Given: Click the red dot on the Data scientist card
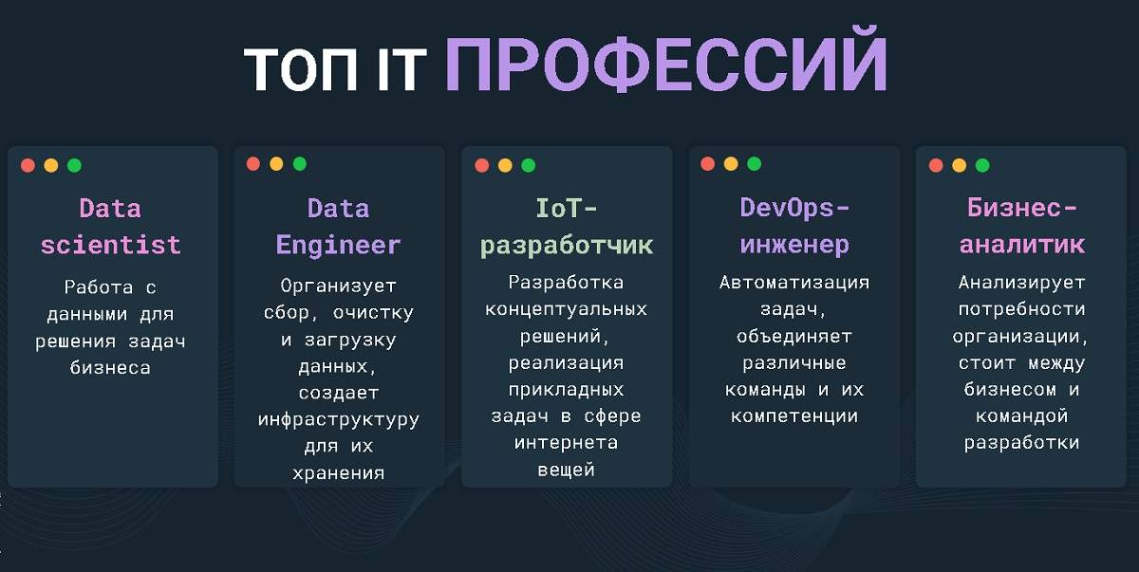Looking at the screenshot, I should coord(28,165).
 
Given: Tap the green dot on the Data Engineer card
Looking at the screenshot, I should coord(300,164).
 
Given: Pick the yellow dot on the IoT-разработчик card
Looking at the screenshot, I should coord(505,165).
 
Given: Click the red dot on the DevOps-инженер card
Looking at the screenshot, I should coord(708,164).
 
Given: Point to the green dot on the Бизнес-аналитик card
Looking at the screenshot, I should coord(982,165).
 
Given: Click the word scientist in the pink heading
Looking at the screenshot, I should coord(110,245).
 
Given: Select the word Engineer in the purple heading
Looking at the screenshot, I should coord(339,245).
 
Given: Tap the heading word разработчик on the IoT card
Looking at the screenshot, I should coord(567,245).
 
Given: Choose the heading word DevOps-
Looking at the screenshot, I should coord(794,208).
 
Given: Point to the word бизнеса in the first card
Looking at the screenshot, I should coord(110,368).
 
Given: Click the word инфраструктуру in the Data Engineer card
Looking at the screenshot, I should coord(339,419).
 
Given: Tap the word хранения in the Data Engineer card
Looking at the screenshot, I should coord(339,472).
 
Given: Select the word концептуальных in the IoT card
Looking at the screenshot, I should coord(567,309).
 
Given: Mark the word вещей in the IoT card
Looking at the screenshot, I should coord(567,469).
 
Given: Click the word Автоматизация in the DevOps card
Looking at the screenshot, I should coord(794,283).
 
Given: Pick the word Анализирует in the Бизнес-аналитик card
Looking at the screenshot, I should coord(1021,283).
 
